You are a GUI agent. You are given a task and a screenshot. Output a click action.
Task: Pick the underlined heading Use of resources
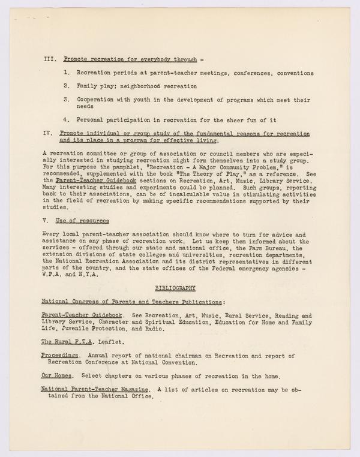tap(84, 221)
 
